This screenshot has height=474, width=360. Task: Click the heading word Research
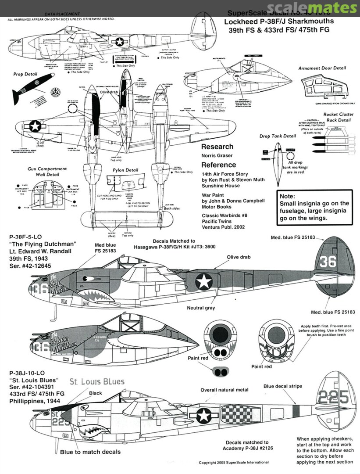tap(218, 147)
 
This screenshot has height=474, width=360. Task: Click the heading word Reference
tap(218, 165)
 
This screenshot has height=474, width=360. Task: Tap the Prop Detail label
tap(25, 75)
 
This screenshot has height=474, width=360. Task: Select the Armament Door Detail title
tap(322, 68)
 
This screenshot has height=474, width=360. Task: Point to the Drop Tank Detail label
tap(278, 136)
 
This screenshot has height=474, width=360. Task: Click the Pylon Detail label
tap(125, 170)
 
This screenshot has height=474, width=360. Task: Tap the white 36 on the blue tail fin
tap(328, 262)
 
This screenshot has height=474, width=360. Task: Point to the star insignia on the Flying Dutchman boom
tap(203, 281)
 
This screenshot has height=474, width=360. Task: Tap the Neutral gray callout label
tap(201, 308)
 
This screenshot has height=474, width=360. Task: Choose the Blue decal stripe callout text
tap(283, 387)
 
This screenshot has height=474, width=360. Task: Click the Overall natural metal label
tap(224, 390)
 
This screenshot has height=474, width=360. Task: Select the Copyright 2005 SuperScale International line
tap(234, 462)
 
